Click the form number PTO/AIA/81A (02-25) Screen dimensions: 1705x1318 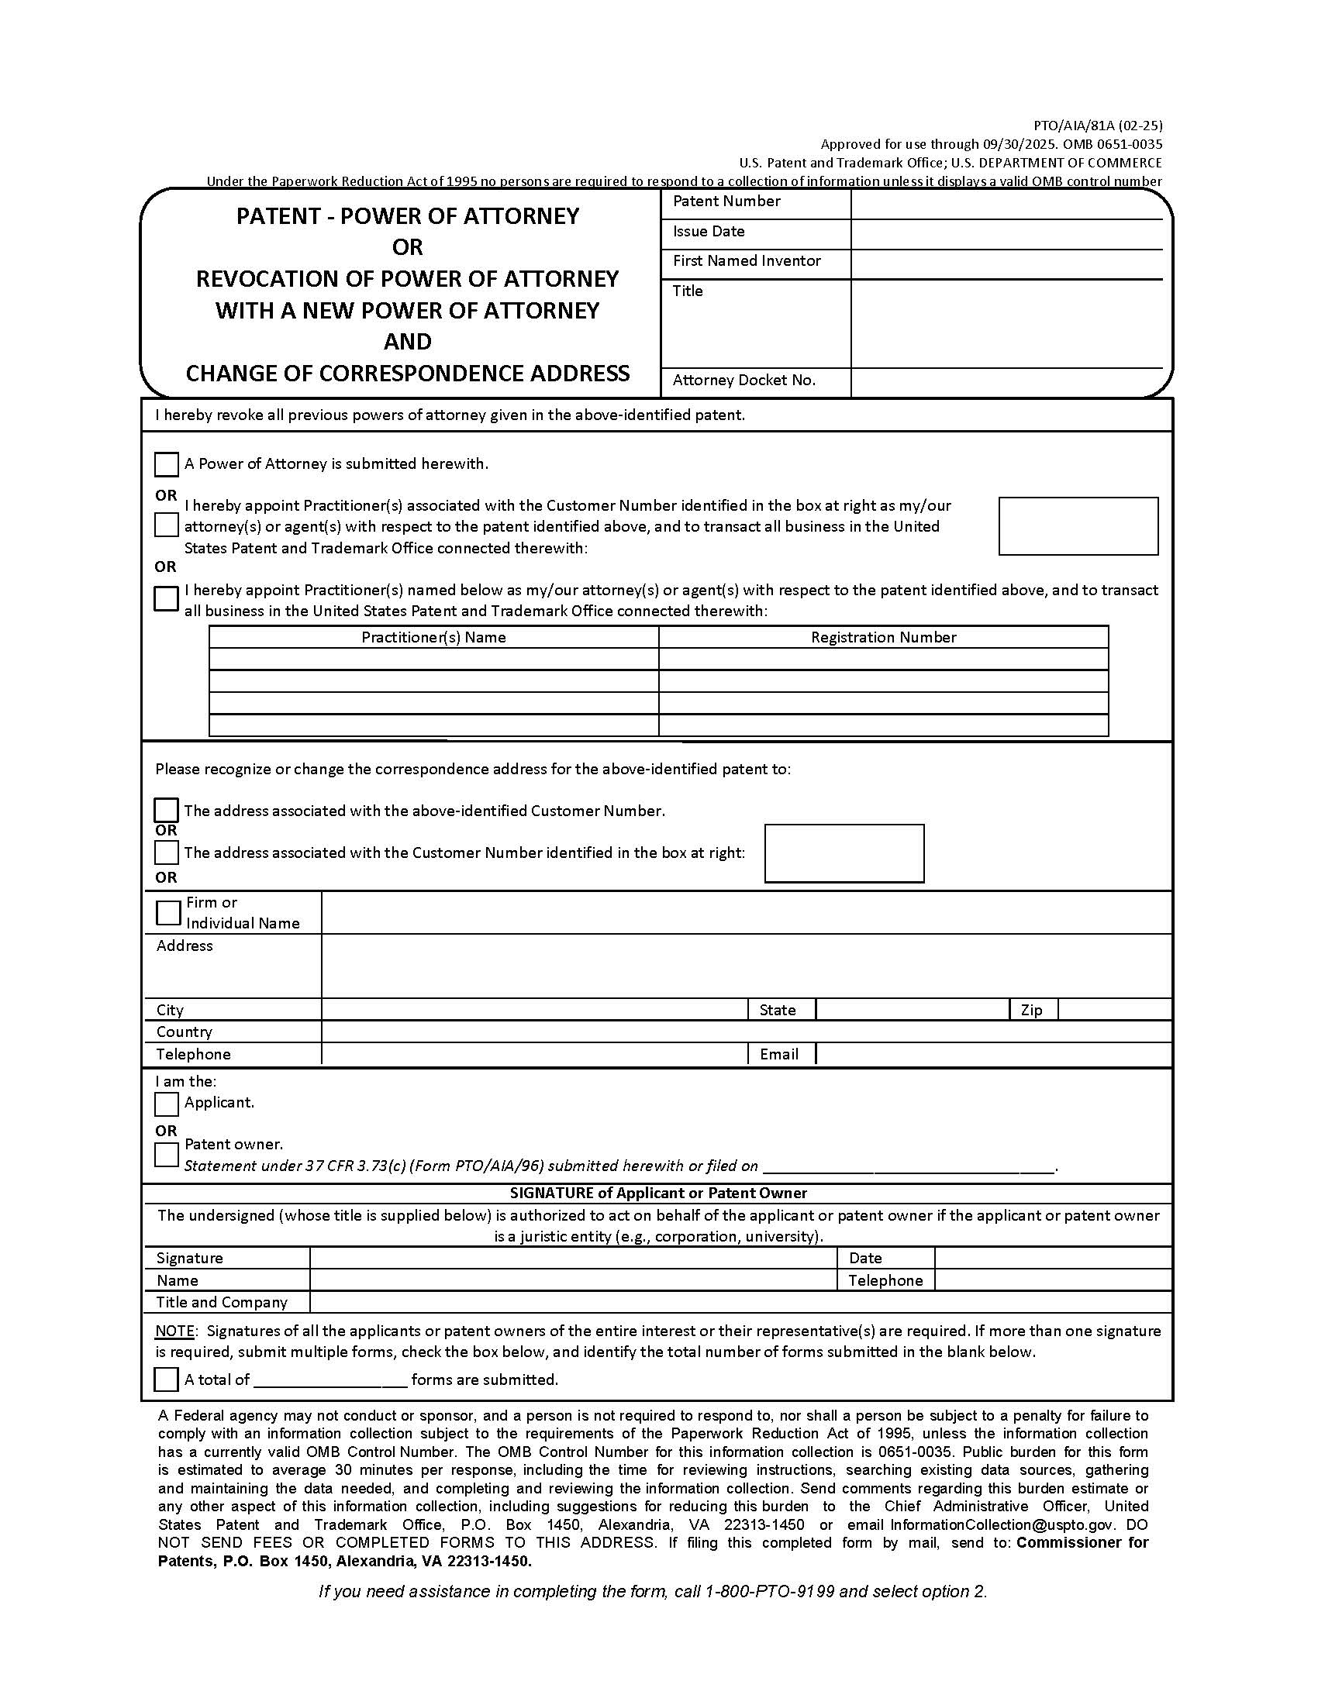pyautogui.click(x=1098, y=125)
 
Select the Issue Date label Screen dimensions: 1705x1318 pyautogui.click(x=708, y=231)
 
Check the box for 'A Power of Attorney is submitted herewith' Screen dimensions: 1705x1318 pyautogui.click(x=167, y=464)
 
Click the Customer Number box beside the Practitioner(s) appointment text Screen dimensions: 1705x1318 pyautogui.click(x=1078, y=526)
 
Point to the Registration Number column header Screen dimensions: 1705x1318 pyautogui.click(x=883, y=637)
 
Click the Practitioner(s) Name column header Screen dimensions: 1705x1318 pyautogui.click(x=433, y=637)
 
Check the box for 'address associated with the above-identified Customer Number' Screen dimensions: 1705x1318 pyautogui.click(x=167, y=811)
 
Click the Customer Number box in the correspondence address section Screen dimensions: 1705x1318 pyautogui.click(x=844, y=853)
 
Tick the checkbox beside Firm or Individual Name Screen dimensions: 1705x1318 pyautogui.click(x=169, y=912)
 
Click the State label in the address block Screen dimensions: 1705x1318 pyautogui.click(x=777, y=1010)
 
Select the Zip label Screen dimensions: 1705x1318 pyautogui.click(x=1030, y=1010)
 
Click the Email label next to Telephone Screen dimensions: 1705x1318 pyautogui.click(x=778, y=1055)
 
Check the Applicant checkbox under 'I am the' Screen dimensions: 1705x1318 pyautogui.click(x=167, y=1104)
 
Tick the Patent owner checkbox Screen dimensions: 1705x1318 pyautogui.click(x=167, y=1155)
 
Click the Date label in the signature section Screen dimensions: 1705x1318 pyautogui.click(x=865, y=1258)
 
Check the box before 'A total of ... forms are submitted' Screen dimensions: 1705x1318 pyautogui.click(x=167, y=1379)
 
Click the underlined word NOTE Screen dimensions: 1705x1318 pyautogui.click(x=174, y=1331)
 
